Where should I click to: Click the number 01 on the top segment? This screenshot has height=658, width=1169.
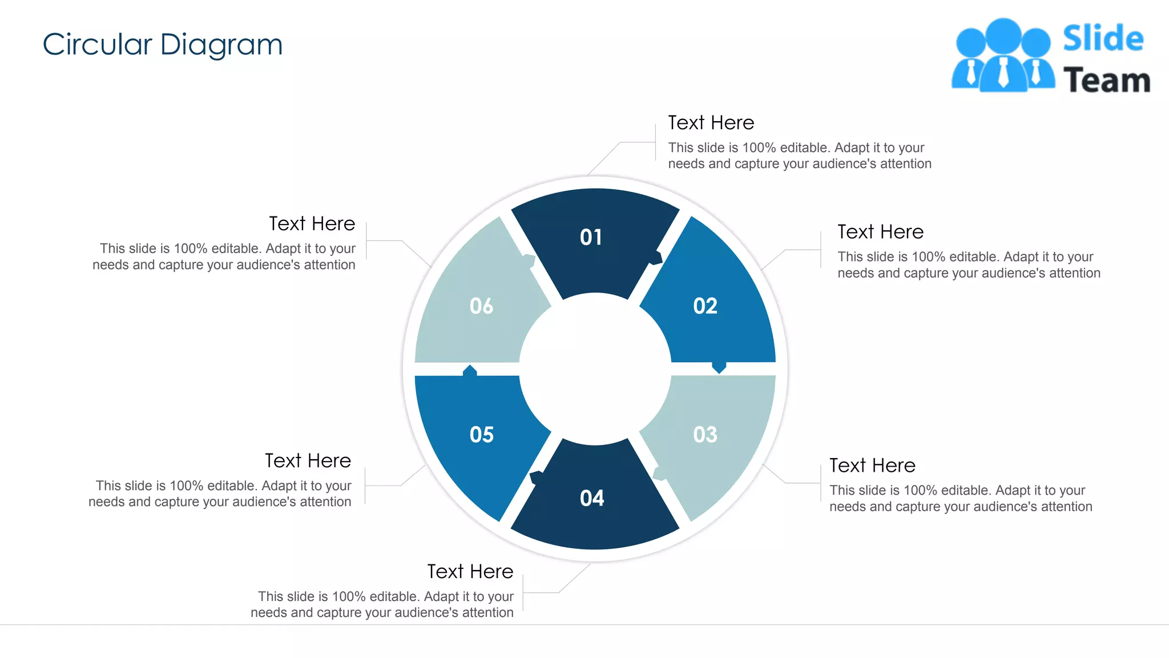click(591, 237)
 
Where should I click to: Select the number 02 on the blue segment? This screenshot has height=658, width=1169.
click(705, 306)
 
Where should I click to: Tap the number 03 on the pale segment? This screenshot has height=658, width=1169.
click(705, 435)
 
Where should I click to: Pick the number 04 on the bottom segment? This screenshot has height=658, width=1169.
click(592, 498)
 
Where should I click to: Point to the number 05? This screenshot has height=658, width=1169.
click(481, 435)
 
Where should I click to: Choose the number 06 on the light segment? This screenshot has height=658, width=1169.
click(481, 306)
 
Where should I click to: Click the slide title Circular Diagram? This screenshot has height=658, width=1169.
click(163, 45)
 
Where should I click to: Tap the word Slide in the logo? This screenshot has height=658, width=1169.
click(1103, 39)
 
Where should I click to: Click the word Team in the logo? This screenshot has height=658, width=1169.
click(1106, 81)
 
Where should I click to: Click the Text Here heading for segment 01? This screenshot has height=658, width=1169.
click(711, 123)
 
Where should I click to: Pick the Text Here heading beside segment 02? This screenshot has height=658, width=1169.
click(880, 232)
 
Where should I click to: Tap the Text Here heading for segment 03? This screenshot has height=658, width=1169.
click(872, 466)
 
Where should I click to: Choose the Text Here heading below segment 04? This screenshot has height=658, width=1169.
click(470, 572)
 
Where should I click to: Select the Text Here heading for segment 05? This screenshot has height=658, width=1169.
click(308, 461)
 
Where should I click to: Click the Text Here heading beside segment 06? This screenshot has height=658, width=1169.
click(312, 224)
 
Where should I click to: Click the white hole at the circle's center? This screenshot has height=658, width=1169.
click(595, 369)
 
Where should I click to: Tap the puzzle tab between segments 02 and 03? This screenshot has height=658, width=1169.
click(719, 367)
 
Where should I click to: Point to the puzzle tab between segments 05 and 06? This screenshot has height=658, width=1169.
click(470, 371)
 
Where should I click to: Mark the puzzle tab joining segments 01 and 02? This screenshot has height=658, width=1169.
click(656, 258)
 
